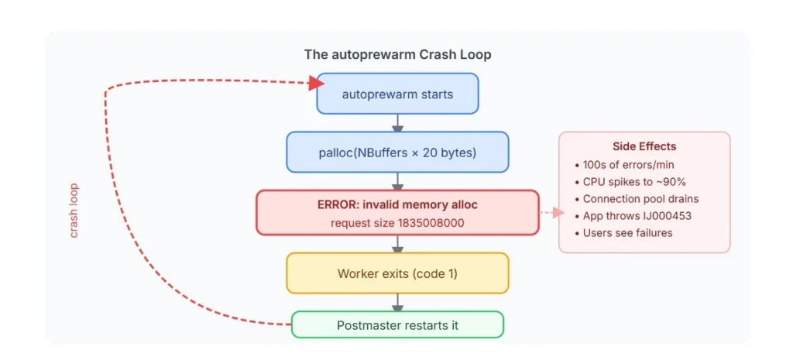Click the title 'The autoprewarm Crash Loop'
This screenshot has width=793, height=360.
pos(397,55)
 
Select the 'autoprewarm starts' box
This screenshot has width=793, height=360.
pos(397,94)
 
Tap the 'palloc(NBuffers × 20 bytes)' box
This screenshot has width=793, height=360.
pos(397,153)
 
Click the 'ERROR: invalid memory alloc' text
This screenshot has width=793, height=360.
pos(396,205)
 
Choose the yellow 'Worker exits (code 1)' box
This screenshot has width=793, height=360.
pos(397,273)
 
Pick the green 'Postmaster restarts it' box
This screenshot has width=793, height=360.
pos(397,325)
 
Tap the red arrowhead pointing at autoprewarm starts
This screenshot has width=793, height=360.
pos(316,83)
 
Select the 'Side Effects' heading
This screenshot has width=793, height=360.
pos(644,146)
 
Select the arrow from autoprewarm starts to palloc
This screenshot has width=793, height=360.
pos(397,122)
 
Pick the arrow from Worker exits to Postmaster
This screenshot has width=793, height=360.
pos(397,302)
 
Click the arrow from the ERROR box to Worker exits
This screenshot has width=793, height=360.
pos(397,244)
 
